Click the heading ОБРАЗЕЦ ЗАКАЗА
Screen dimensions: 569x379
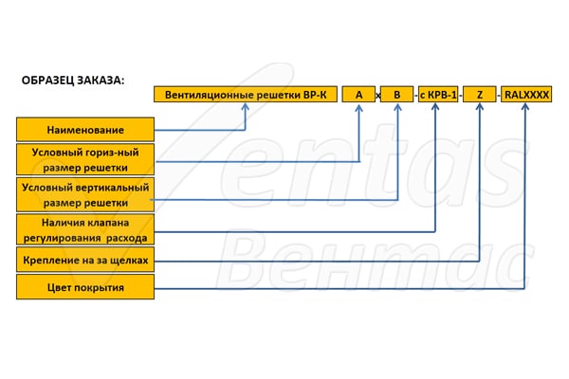tap(73, 81)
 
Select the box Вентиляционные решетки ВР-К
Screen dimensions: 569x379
tap(246, 95)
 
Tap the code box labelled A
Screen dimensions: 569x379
tap(358, 95)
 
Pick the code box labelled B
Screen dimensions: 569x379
tap(396, 95)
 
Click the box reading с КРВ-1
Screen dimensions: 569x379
tap(438, 95)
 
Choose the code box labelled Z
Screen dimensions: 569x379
tap(479, 95)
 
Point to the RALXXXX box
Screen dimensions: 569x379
tap(526, 95)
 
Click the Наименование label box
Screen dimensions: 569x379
tap(85, 130)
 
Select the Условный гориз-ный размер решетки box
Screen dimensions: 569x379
tap(85, 159)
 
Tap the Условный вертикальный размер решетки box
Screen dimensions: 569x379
tap(85, 195)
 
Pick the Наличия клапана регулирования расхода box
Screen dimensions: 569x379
tap(85, 229)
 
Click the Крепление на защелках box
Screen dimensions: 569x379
tap(85, 260)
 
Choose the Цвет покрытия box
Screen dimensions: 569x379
tap(85, 287)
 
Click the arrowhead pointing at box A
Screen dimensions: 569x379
tap(358, 107)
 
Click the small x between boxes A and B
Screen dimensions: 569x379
tap(377, 96)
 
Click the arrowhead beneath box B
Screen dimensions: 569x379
tap(397, 107)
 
